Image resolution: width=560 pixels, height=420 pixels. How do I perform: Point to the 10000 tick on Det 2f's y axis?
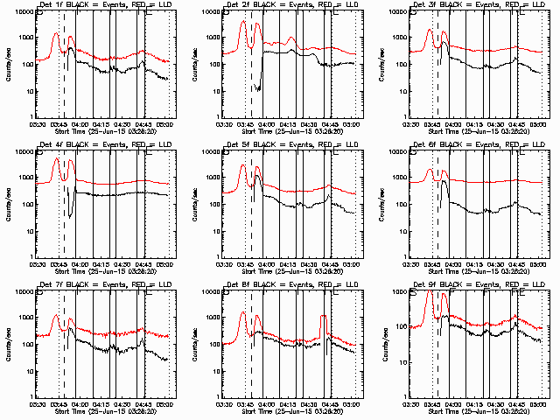[208, 13]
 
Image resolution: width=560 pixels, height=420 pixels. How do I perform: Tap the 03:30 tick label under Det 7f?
[38, 403]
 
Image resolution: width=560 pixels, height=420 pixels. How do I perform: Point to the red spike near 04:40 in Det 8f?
[324, 317]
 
